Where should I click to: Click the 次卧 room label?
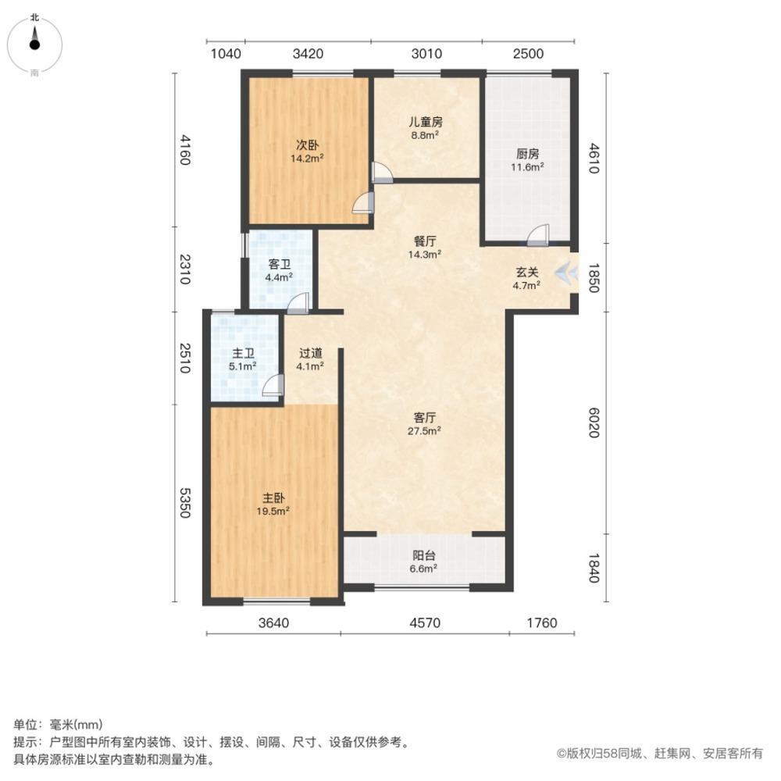[306, 144]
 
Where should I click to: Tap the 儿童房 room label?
[426, 122]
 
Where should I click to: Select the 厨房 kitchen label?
[528, 154]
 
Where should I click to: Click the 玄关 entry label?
[526, 273]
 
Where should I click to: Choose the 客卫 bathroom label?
[280, 264]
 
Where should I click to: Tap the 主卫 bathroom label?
[243, 353]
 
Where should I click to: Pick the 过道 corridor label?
[310, 352]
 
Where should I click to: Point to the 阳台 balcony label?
[424, 556]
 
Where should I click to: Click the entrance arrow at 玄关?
[564, 272]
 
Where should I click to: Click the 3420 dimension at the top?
[308, 54]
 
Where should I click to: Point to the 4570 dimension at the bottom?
[425, 622]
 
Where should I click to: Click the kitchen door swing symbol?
[539, 234]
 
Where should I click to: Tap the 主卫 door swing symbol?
[273, 385]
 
